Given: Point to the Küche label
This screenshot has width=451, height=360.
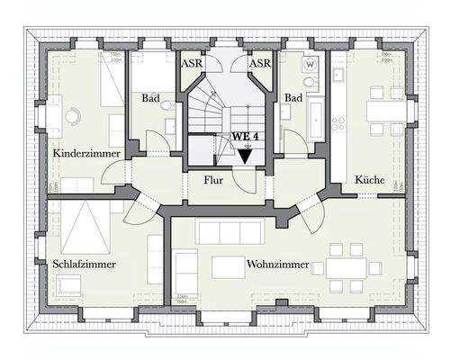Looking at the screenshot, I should point(370,178).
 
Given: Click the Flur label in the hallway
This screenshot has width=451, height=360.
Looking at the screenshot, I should point(212,178).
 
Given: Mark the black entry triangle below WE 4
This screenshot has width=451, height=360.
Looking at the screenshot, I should point(245,155).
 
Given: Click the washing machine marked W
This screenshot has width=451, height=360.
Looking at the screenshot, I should point(311,64).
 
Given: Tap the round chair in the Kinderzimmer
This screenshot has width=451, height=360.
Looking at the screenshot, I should point(69,116).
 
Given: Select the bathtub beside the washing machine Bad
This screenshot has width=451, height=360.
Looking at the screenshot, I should point(316,118).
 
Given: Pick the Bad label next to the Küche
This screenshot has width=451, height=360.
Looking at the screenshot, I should point(293,96).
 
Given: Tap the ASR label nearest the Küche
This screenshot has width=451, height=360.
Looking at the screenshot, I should point(259,63).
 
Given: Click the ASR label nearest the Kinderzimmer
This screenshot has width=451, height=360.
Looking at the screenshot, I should point(192,63).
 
